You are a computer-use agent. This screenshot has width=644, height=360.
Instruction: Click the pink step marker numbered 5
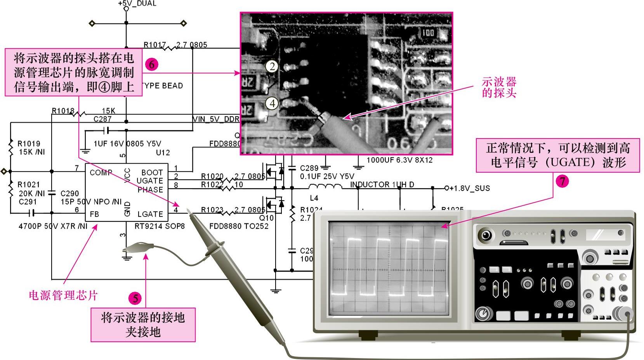tap(135, 298)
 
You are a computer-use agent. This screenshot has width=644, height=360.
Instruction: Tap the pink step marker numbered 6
tap(151, 64)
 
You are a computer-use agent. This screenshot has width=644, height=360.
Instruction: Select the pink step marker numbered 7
tap(562, 181)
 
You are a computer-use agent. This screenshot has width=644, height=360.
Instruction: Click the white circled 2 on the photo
tap(272, 67)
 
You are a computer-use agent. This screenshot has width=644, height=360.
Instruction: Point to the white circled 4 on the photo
tap(272, 103)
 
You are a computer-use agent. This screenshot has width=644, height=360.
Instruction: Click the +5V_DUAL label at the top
tap(137, 3)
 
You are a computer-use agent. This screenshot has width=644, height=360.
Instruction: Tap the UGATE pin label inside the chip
tap(150, 181)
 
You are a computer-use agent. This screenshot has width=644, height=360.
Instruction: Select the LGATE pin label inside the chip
tap(150, 214)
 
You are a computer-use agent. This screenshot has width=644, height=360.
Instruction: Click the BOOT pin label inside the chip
tap(152, 172)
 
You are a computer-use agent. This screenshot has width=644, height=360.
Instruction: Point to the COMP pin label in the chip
tap(101, 172)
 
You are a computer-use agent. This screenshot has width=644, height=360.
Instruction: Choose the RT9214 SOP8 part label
tap(160, 226)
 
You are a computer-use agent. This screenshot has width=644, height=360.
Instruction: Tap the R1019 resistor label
tap(29, 144)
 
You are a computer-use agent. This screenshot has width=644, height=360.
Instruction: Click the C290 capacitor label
tap(70, 193)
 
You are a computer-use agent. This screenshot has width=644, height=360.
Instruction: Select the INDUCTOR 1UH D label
tap(382, 185)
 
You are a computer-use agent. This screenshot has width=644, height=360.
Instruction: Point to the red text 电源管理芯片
tap(63, 295)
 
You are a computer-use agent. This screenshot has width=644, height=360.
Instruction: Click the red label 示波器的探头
tap(499, 87)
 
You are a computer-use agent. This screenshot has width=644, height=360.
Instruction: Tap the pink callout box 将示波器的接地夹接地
tap(143, 325)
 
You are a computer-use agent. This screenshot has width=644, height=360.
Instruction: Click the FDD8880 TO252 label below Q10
tap(239, 226)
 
